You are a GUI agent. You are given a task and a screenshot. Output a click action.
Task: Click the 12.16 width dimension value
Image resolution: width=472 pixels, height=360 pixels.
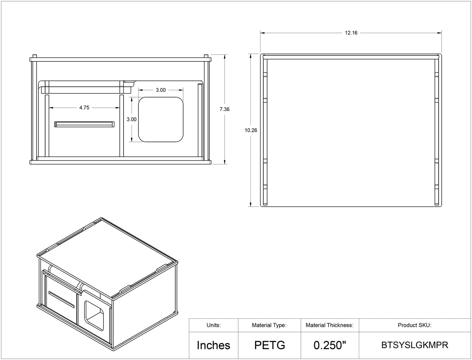tap(351, 33)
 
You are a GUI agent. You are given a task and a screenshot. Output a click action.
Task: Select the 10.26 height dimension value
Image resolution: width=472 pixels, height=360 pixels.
tap(251, 130)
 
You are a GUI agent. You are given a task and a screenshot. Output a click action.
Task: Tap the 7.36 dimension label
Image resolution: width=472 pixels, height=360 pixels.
tap(224, 109)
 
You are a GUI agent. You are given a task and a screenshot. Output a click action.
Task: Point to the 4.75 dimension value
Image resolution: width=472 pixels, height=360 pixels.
tap(84, 107)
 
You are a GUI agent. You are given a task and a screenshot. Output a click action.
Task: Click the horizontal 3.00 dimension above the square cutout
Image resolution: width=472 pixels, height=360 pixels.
tap(161, 90)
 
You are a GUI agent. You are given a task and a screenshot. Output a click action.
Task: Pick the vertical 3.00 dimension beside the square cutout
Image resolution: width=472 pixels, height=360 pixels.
tap(131, 119)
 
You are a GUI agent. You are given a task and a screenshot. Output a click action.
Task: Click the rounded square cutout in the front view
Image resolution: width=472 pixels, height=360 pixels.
tap(161, 119)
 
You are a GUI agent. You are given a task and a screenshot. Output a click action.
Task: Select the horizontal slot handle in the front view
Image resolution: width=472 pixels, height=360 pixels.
tap(84, 124)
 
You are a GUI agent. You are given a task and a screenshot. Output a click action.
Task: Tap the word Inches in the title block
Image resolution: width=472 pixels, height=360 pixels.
tap(213, 345)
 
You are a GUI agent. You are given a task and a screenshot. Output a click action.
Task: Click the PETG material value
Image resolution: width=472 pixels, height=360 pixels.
tap(270, 345)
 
